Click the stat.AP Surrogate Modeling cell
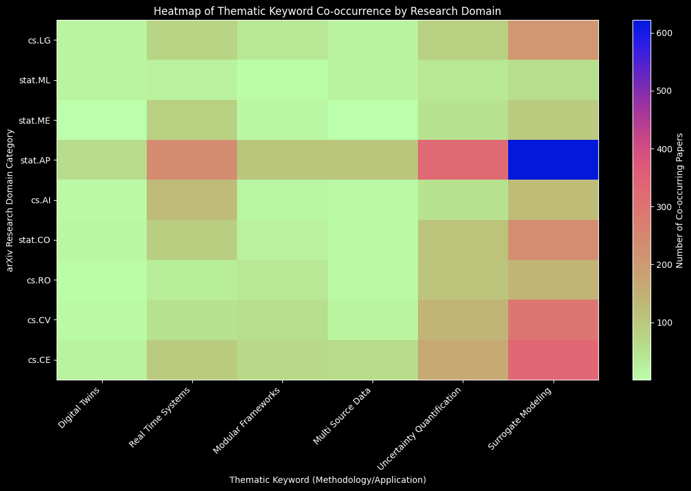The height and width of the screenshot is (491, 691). coord(553,160)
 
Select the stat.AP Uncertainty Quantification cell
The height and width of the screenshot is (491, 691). coord(463,160)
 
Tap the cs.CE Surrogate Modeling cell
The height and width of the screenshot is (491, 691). coord(553,359)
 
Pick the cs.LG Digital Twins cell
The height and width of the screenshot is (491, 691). coord(101,40)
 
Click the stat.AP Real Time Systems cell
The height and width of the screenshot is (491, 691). coord(192,160)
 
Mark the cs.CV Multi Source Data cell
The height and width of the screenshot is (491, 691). coord(373,319)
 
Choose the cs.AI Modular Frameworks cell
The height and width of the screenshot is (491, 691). coord(282,200)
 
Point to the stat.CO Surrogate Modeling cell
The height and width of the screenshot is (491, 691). coord(553,240)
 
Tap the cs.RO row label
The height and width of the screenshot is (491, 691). coord(39,280)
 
